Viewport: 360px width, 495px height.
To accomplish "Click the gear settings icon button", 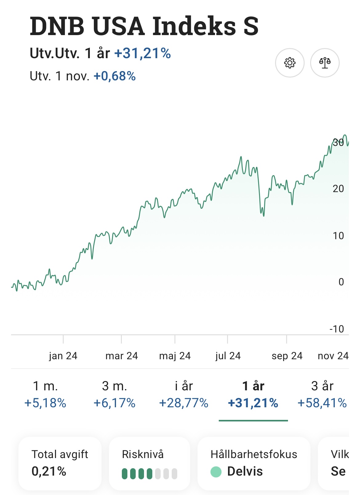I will [x=290, y=63].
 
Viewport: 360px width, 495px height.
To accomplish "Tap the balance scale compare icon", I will [x=325, y=63].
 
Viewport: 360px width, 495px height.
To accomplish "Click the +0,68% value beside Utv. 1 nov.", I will [x=114, y=76].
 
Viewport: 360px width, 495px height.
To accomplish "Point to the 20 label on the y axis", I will [x=338, y=189].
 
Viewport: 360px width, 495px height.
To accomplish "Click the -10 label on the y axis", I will [x=337, y=329].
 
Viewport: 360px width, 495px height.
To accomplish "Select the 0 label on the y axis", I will [x=341, y=282].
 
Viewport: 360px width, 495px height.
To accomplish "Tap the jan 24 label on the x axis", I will [x=63, y=356].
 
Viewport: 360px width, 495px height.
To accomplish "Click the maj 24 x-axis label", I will [x=175, y=356].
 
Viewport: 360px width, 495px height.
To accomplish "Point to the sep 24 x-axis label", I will [x=287, y=356].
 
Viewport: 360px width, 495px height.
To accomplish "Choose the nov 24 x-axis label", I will [x=333, y=356].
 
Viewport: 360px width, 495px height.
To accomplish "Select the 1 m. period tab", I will [x=45, y=386].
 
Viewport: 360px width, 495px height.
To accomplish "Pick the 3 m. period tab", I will [x=114, y=386].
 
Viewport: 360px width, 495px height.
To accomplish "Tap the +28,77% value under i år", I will [x=184, y=403].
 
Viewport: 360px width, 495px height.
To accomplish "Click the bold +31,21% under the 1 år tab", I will [x=253, y=403].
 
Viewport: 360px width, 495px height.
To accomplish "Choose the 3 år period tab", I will [x=322, y=386].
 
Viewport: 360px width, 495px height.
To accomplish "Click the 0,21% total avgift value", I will [x=49, y=471].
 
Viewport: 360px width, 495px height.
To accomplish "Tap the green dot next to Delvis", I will [x=216, y=472].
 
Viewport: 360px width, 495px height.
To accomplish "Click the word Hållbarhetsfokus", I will [x=254, y=454].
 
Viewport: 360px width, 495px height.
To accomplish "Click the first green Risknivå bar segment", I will [x=125, y=474].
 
